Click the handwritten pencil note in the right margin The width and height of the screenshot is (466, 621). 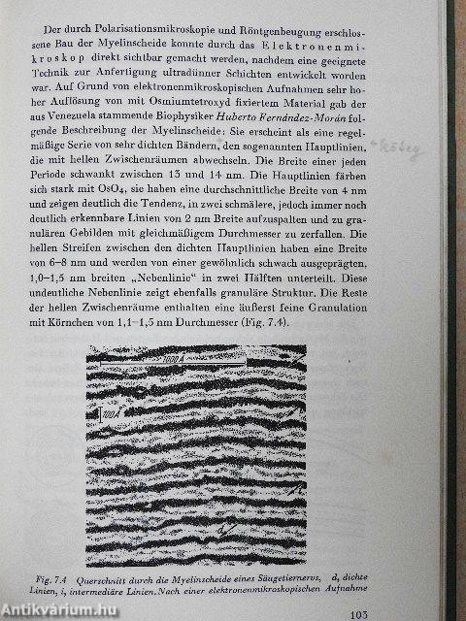[x=423, y=149]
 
